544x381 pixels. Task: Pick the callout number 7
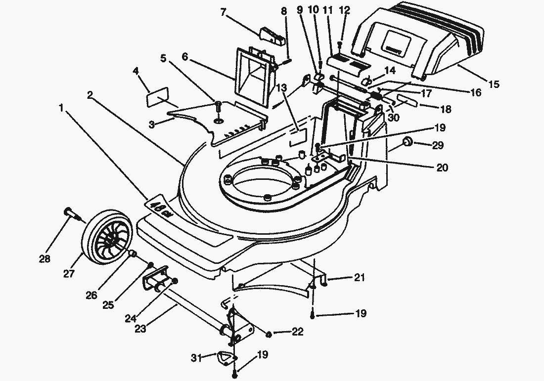pyautogui.click(x=224, y=12)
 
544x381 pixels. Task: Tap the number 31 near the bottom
pyautogui.click(x=197, y=357)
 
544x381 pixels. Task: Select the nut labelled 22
pyautogui.click(x=268, y=335)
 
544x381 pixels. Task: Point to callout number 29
pyautogui.click(x=437, y=145)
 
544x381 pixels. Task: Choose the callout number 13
pyautogui.click(x=281, y=87)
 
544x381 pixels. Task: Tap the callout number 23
pyautogui.click(x=141, y=328)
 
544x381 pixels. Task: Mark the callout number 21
pyautogui.click(x=359, y=278)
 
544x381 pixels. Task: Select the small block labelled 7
pyautogui.click(x=272, y=36)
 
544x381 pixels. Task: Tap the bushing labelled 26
pyautogui.click(x=133, y=254)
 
